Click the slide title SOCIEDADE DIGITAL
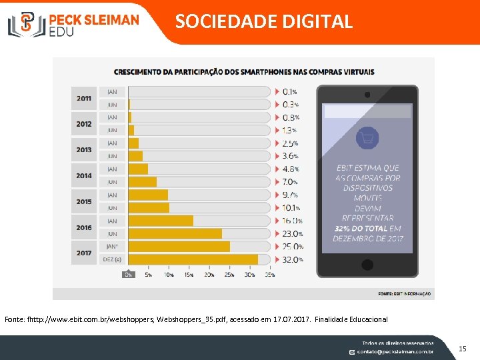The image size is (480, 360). [x=264, y=21]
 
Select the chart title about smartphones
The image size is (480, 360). [x=244, y=72]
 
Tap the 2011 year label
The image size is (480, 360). [x=84, y=98]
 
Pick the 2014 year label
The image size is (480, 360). [x=84, y=176]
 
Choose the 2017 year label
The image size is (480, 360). [x=84, y=253]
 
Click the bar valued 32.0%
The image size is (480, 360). [x=193, y=259]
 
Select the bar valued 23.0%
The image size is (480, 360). [x=175, y=234]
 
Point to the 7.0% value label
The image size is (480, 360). [x=290, y=182]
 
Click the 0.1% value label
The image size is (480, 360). [x=290, y=91]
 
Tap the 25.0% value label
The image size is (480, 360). [x=292, y=247]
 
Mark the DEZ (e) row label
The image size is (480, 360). [x=112, y=259]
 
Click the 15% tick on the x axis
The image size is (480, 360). [x=189, y=274]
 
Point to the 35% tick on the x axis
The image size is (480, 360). [x=269, y=274]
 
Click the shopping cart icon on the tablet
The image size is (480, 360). [x=366, y=139]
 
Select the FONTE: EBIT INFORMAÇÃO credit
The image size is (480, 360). [x=404, y=293]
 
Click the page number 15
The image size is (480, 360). [x=463, y=348]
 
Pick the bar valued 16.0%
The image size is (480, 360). [x=161, y=221]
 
